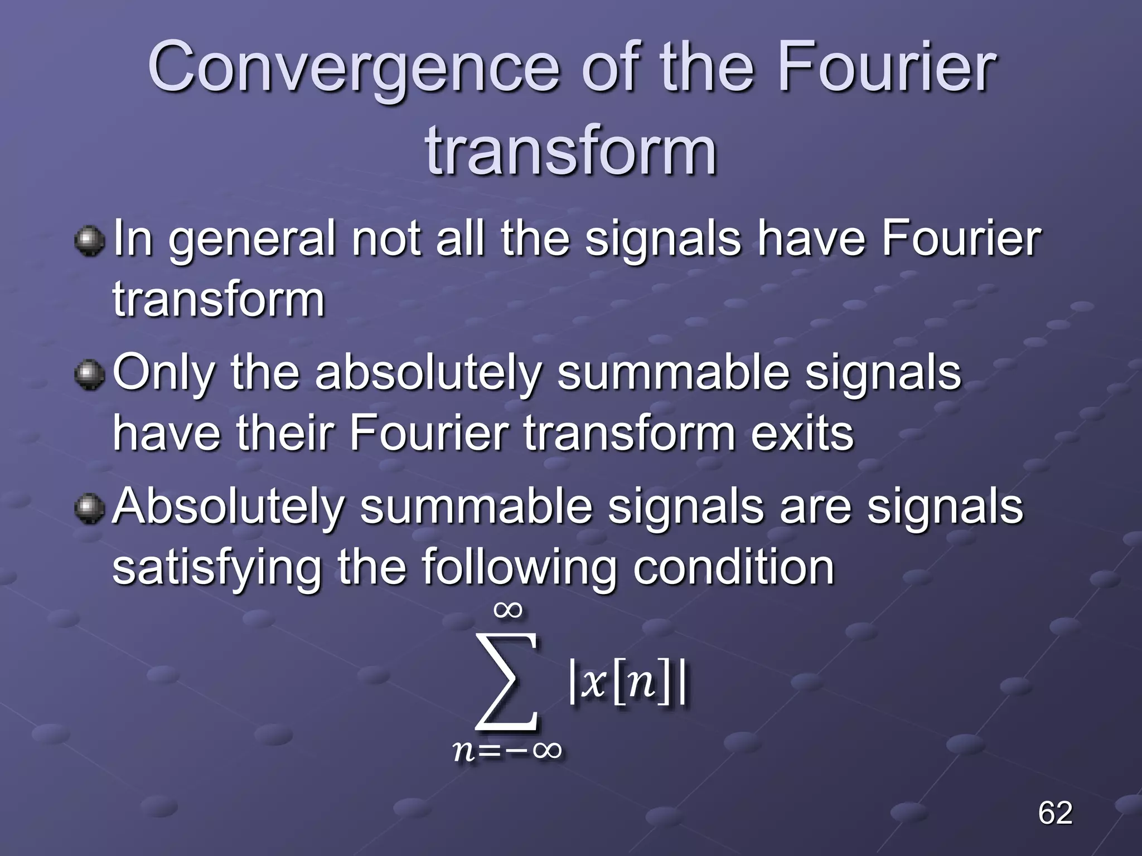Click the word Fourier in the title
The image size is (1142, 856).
pos(885,68)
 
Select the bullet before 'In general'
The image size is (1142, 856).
pos(89,241)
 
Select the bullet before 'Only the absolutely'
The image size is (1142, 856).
pos(89,375)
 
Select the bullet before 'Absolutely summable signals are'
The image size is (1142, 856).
pos(89,509)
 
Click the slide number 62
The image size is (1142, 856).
pos(1054,813)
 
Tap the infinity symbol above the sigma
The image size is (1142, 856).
pos(508,610)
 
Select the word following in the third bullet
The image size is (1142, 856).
pos(519,568)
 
